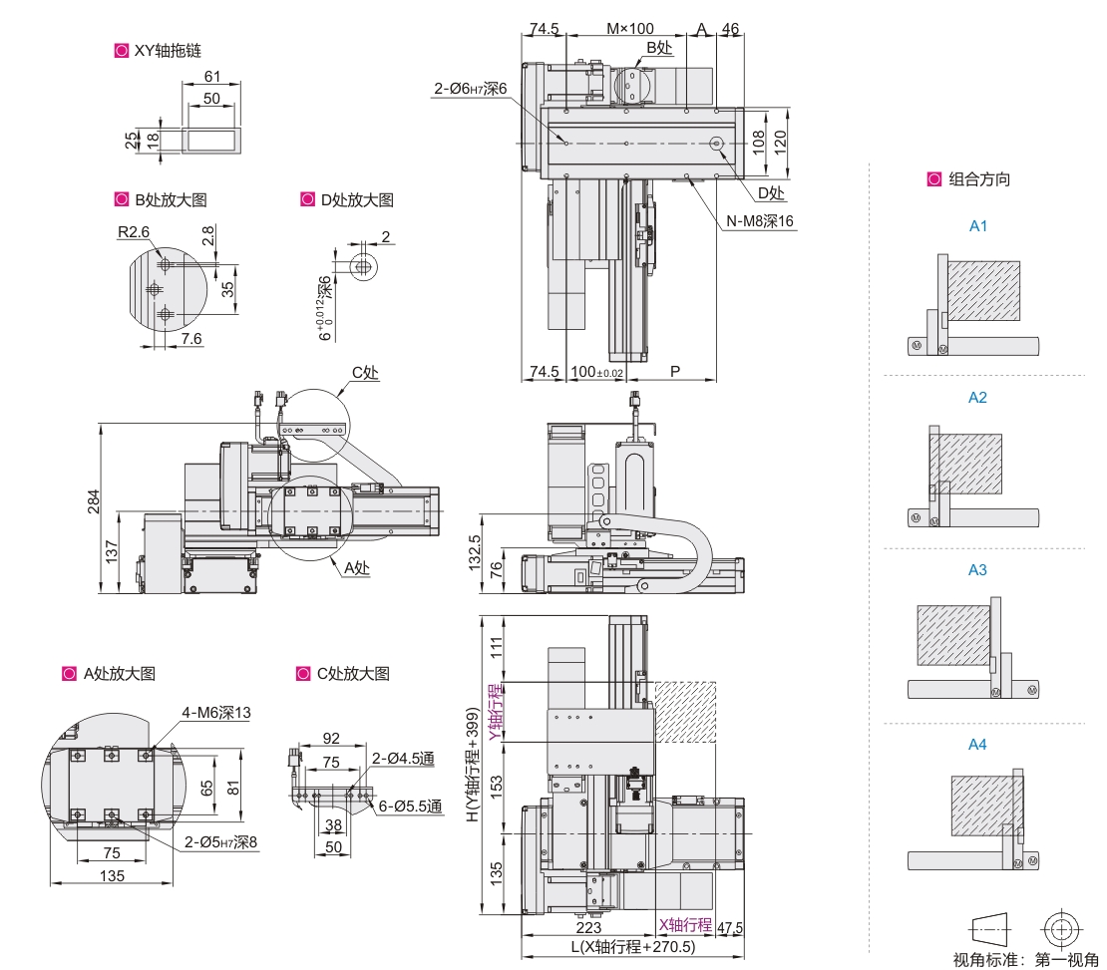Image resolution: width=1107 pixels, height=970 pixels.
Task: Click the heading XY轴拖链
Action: pyautogui.click(x=167, y=50)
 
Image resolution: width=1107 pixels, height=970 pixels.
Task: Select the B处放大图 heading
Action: pyautogui.click(x=170, y=199)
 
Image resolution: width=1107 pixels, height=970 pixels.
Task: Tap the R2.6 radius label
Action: pyautogui.click(x=134, y=231)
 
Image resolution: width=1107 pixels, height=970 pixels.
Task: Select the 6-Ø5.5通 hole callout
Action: pyautogui.click(x=410, y=807)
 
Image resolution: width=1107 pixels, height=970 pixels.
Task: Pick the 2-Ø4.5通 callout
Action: pyautogui.click(x=405, y=759)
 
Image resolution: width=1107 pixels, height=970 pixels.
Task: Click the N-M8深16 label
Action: pyautogui.click(x=761, y=221)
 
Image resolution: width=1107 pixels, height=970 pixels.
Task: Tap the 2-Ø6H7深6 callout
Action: pyautogui.click(x=471, y=89)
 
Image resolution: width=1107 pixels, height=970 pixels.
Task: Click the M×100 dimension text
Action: pyautogui.click(x=629, y=28)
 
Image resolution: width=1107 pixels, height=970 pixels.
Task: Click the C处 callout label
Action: pyautogui.click(x=365, y=373)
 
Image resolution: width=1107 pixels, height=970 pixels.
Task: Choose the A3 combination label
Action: pyautogui.click(x=977, y=570)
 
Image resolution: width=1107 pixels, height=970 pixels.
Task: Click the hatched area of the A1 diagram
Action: pyautogui.click(x=982, y=290)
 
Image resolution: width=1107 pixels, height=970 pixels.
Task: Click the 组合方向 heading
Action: pyautogui.click(x=978, y=179)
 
